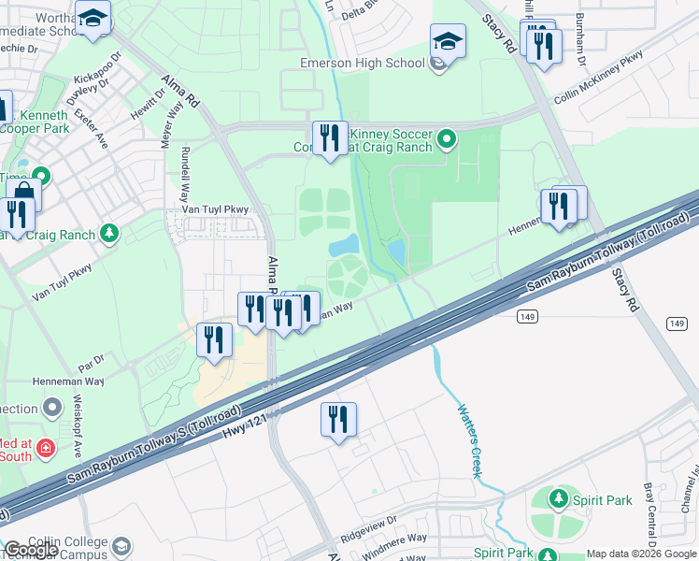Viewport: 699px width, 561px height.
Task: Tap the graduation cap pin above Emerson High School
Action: coord(448,41)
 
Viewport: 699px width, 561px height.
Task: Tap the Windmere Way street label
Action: coord(395,538)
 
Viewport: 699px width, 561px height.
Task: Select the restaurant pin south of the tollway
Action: coord(338,419)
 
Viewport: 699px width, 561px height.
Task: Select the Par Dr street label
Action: coord(91,358)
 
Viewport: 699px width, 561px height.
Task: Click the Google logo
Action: coord(31,550)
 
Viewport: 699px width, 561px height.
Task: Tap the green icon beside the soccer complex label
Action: coord(448,140)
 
